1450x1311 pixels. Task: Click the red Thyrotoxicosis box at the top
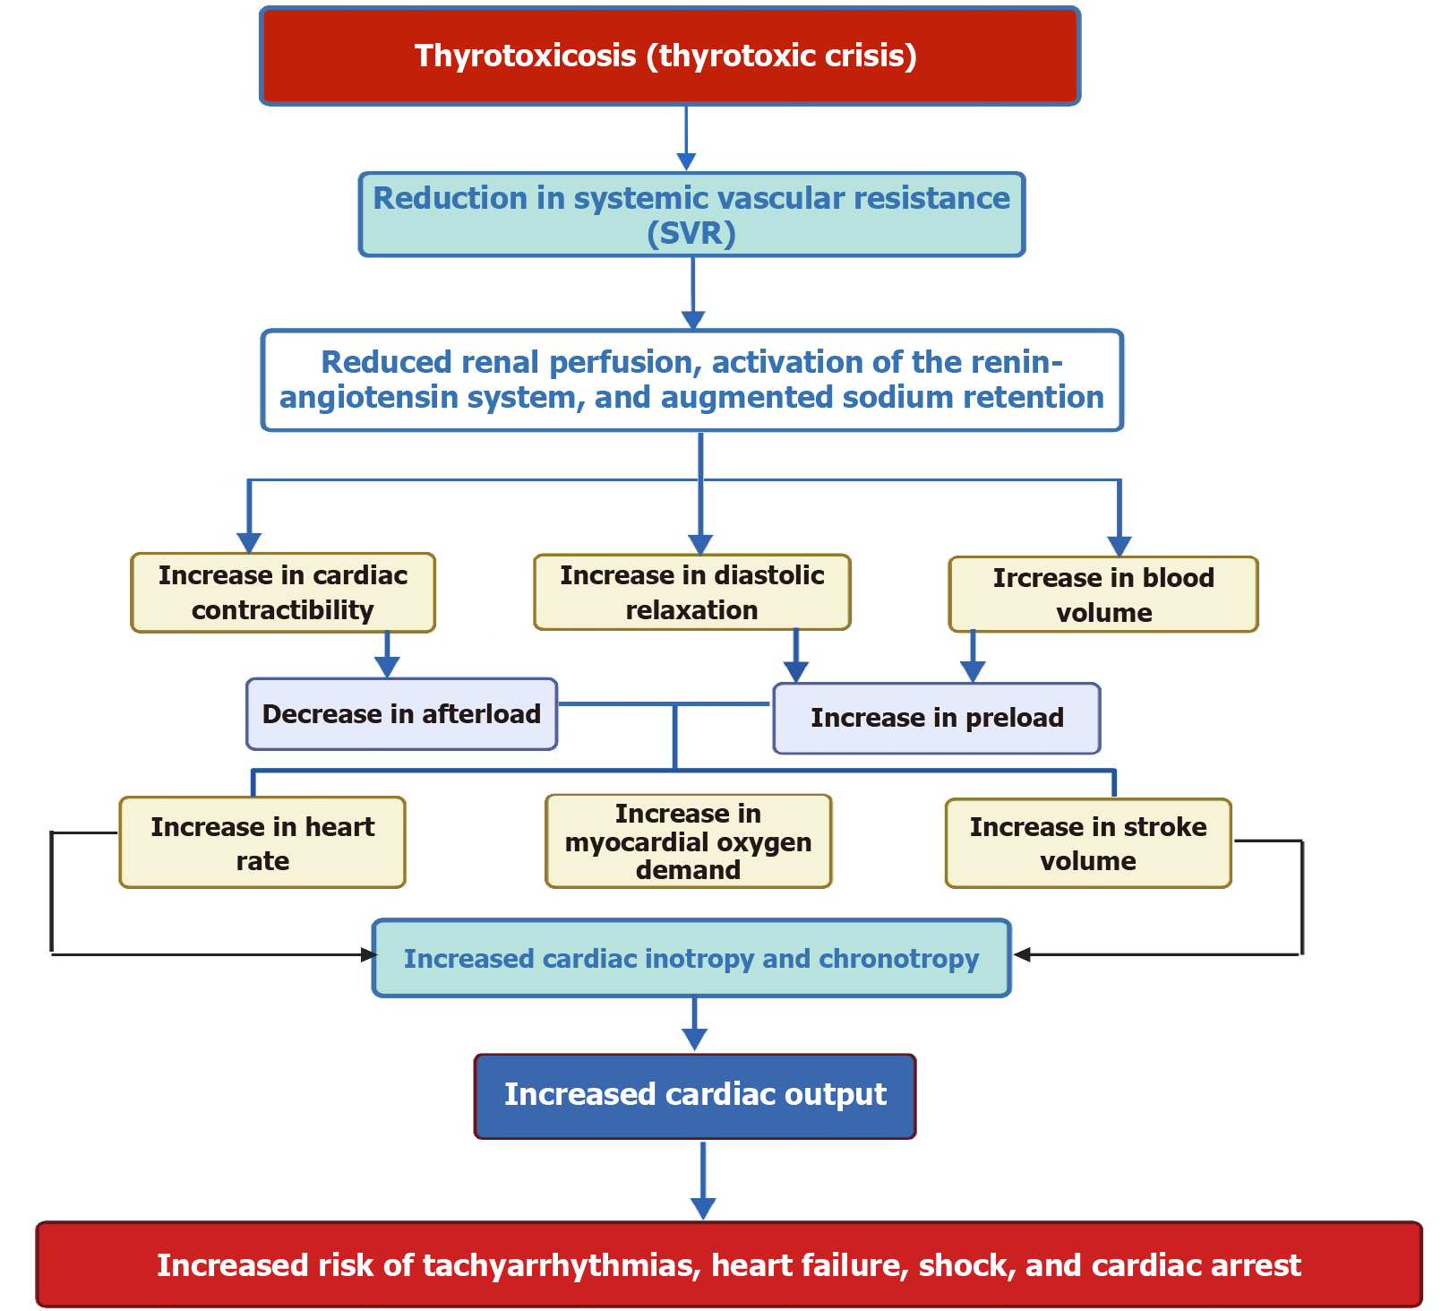coord(669,56)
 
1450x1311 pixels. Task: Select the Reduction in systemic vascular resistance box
coord(691,215)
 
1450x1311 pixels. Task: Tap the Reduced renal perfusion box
coord(691,380)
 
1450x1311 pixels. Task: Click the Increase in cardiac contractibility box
coord(283,592)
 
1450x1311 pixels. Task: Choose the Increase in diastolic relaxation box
coord(691,592)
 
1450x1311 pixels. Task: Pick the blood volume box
coord(1103,595)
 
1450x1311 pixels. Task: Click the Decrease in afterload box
coord(401,714)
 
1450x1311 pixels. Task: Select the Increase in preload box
coord(937,718)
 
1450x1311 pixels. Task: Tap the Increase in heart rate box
coord(262,842)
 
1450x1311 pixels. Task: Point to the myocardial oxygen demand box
coord(688,841)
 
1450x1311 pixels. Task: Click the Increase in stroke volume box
coord(1088,843)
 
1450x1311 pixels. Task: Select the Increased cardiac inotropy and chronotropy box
coord(691,958)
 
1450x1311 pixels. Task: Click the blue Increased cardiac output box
coord(695,1095)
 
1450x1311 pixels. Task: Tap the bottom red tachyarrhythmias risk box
coord(728,1264)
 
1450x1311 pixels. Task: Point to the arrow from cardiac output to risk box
coord(703,1178)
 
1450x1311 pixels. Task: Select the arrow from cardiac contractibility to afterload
coord(387,654)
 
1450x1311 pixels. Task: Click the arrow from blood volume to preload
coord(973,656)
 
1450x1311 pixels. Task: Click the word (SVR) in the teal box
coord(691,234)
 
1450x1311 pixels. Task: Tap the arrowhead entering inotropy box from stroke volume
coord(1023,954)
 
